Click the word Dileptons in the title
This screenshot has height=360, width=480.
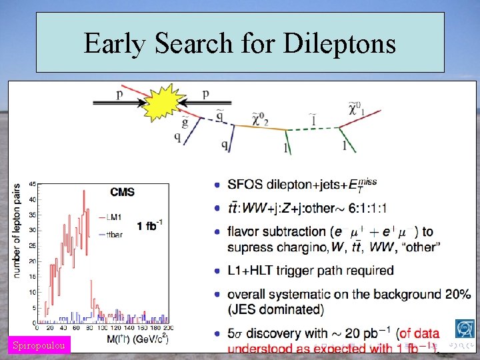pyautogui.click(x=339, y=44)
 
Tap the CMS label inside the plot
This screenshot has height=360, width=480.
pyautogui.click(x=123, y=192)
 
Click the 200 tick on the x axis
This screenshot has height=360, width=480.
pyautogui.click(x=168, y=329)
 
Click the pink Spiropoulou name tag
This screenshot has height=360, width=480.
pyautogui.click(x=39, y=345)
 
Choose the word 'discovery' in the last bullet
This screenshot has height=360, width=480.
pyautogui.click(x=283, y=333)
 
